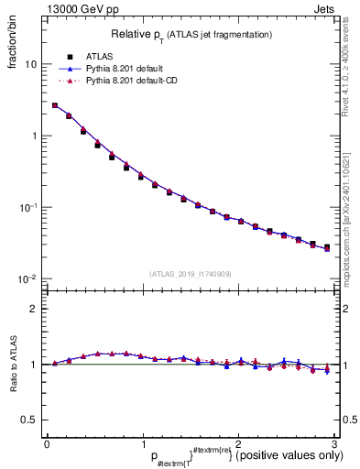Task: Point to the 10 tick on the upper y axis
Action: (x=31, y=65)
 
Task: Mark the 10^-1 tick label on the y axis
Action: (x=28, y=207)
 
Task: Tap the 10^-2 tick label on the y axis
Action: (x=28, y=278)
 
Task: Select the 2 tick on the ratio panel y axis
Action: (x=34, y=309)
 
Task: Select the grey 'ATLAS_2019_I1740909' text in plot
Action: (x=190, y=274)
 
